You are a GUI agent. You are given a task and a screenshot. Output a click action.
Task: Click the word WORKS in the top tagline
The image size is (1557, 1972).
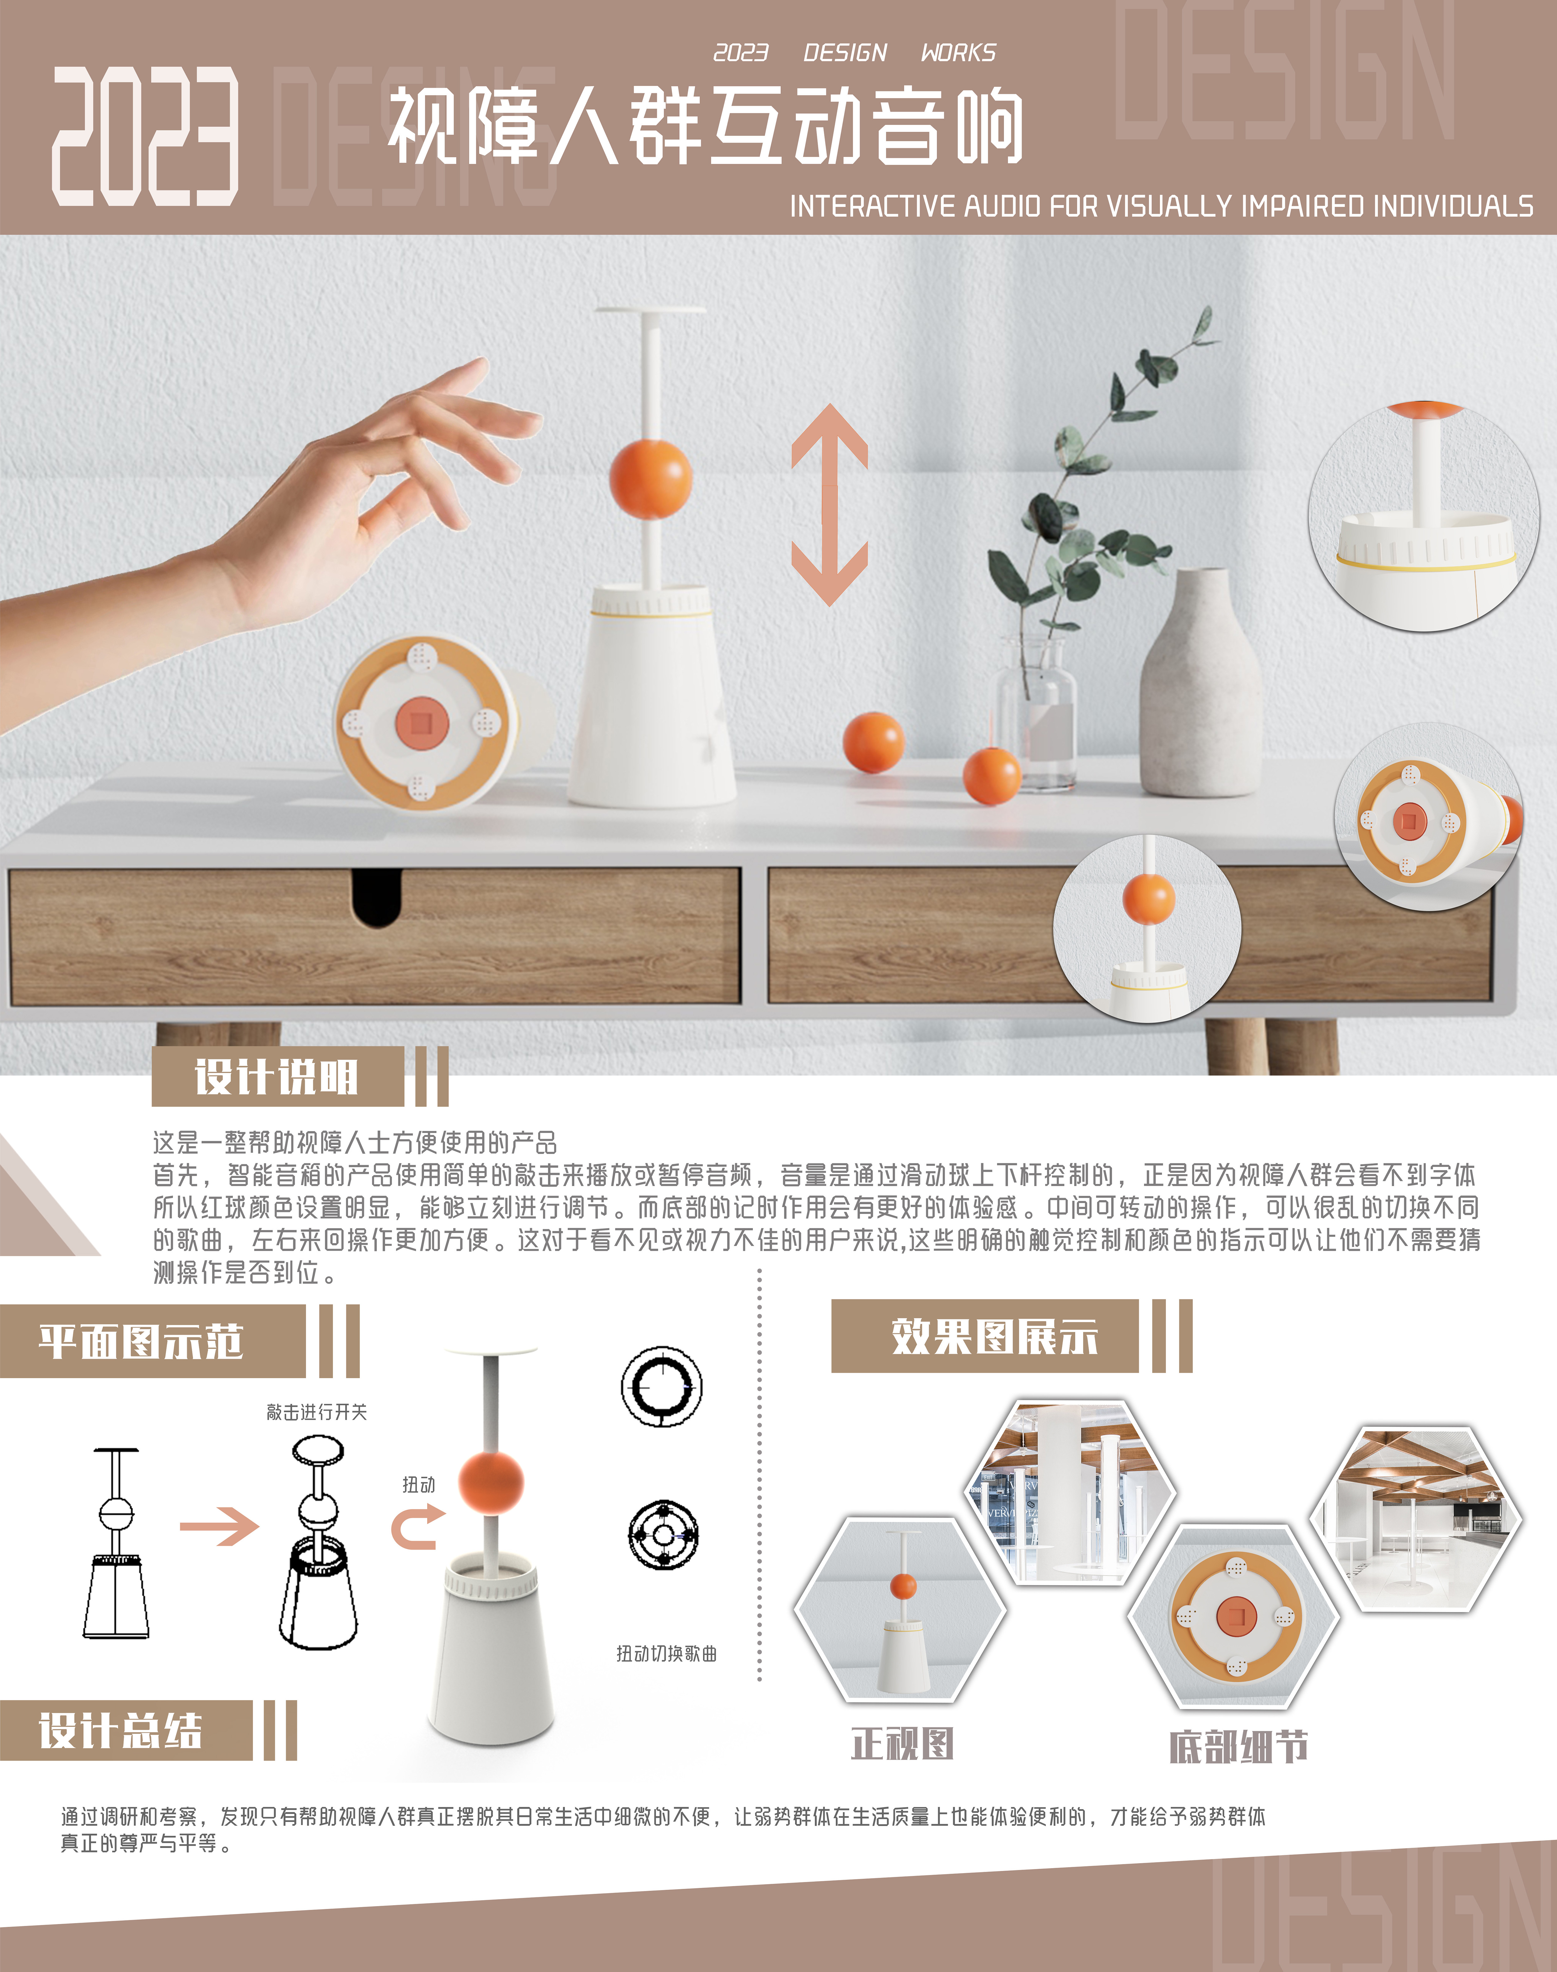958,53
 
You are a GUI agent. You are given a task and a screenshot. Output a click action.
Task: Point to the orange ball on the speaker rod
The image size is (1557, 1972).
650,478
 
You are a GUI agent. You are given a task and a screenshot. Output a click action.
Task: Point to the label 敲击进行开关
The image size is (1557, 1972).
316,1412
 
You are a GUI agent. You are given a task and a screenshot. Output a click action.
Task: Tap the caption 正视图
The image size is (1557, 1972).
903,1743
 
